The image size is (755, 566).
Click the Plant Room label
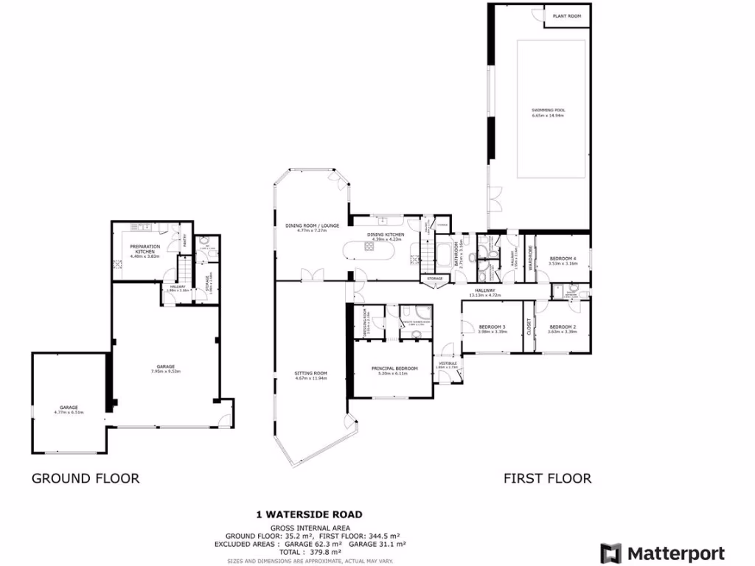567,15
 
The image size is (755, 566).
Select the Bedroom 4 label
563,258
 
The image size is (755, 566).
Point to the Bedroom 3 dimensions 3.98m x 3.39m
492,332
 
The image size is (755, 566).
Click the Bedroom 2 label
563,326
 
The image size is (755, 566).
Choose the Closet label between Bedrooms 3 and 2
528,327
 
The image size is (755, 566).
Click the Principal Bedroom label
394,368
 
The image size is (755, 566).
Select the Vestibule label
448,363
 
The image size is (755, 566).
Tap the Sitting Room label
310,374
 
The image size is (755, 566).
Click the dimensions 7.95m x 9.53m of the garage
165,371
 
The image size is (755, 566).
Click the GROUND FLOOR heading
85,478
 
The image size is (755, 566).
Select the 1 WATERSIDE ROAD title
309,514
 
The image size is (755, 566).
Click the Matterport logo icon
610,553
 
